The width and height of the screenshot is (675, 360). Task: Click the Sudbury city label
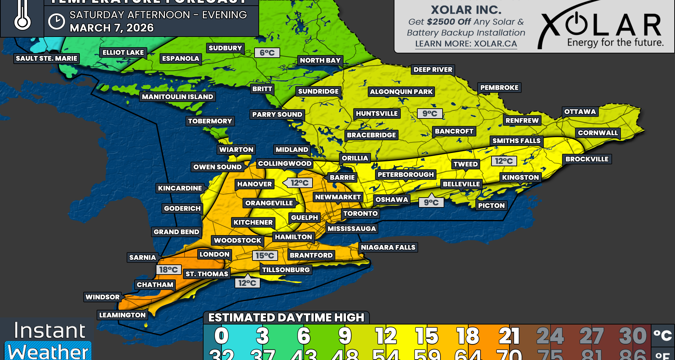pyautogui.click(x=225, y=48)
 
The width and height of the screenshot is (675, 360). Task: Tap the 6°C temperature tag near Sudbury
pyautogui.click(x=267, y=53)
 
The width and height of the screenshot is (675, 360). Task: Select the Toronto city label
pyautogui.click(x=360, y=213)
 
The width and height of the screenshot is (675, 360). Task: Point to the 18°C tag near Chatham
pyautogui.click(x=168, y=270)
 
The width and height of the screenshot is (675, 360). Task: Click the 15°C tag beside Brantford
pyautogui.click(x=265, y=256)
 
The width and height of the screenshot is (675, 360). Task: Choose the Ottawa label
pyautogui.click(x=580, y=112)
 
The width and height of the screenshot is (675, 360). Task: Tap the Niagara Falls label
pyautogui.click(x=388, y=247)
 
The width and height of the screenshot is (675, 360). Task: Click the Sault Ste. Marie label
pyautogui.click(x=46, y=58)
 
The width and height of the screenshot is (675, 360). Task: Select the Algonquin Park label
pyautogui.click(x=401, y=92)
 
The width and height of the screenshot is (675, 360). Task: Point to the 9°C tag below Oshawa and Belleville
pyautogui.click(x=431, y=202)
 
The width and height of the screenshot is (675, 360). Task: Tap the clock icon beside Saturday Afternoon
pyautogui.click(x=56, y=21)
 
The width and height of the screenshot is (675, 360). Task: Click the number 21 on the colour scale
pyautogui.click(x=509, y=336)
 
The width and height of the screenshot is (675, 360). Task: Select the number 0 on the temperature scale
pyautogui.click(x=221, y=336)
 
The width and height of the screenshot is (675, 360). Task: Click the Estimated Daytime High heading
pyautogui.click(x=286, y=317)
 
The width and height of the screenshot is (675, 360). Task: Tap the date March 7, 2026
pyautogui.click(x=111, y=28)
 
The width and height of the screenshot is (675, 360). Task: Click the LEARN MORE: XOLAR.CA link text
pyautogui.click(x=466, y=44)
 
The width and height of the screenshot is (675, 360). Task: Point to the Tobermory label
pyautogui.click(x=210, y=121)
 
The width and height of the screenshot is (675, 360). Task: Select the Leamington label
pyautogui.click(x=122, y=315)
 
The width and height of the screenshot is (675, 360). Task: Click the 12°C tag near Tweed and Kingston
pyautogui.click(x=504, y=161)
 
